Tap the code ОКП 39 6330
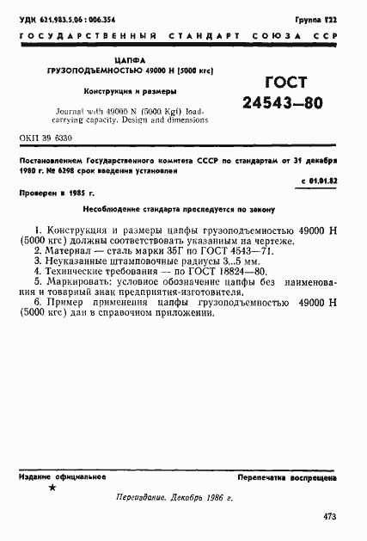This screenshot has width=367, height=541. (x=45, y=138)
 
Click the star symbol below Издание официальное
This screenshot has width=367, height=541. (x=52, y=489)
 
